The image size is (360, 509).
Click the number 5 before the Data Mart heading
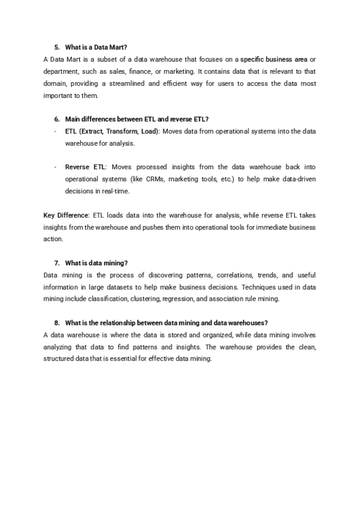coord(56,47)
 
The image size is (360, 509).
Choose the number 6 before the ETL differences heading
coord(56,119)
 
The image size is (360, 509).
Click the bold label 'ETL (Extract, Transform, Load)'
coord(112,131)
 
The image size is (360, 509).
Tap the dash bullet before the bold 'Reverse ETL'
coord(55,167)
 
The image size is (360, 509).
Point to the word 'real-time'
coord(114,191)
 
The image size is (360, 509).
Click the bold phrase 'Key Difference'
coord(66,215)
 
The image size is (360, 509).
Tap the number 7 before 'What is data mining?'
coord(56,263)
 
